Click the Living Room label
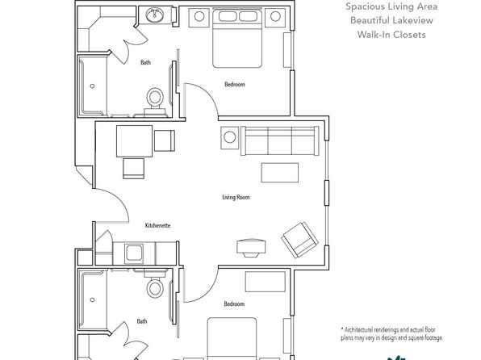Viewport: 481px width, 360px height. click(236, 197)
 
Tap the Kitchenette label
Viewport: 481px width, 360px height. click(157, 225)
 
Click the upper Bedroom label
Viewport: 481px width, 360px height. click(235, 84)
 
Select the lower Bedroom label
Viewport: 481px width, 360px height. click(234, 303)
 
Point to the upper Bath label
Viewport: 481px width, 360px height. click(146, 62)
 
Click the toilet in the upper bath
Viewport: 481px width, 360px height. click(155, 101)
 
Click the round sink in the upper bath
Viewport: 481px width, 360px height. click(155, 15)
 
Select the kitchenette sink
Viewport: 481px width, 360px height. click(134, 253)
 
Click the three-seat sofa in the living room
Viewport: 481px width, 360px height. click(280, 140)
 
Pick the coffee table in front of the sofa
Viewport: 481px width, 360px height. click(280, 173)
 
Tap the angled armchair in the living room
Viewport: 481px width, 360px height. click(299, 240)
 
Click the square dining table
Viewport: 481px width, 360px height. click(134, 141)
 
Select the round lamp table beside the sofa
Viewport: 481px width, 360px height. click(230, 138)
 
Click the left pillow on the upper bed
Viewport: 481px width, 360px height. click(228, 16)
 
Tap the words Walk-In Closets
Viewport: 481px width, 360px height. click(391, 35)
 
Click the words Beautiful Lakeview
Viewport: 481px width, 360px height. click(391, 20)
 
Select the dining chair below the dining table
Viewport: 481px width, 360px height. click(133, 169)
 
